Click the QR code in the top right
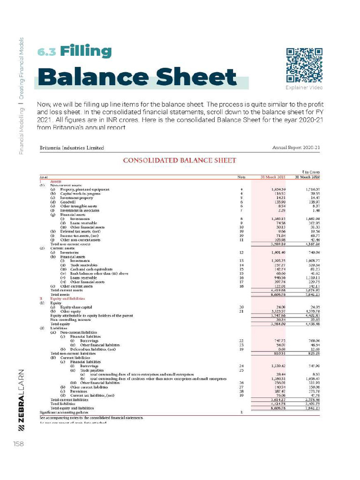point(304,65)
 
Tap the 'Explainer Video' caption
point(304,88)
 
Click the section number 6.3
point(47,52)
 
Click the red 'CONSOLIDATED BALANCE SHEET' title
point(180,160)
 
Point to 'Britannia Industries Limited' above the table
point(72,148)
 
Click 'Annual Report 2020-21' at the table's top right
point(296,148)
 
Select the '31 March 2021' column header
point(273,177)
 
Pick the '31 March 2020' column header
point(307,177)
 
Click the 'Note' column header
point(241,177)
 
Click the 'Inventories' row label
point(71,252)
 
